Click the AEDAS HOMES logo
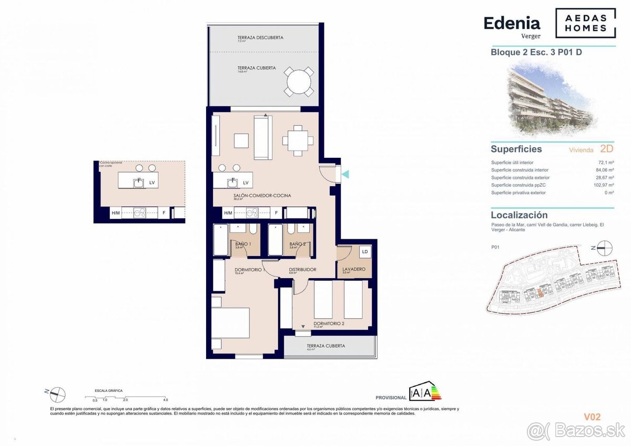click(x=585, y=23)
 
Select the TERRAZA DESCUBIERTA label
click(x=260, y=38)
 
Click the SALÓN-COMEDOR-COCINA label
click(x=262, y=196)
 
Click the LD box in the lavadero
click(x=365, y=252)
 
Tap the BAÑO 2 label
click(x=298, y=244)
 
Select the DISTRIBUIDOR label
click(x=302, y=269)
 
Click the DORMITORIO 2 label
click(x=329, y=323)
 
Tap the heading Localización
click(x=519, y=215)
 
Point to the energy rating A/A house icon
click(x=425, y=392)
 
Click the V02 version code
click(x=592, y=417)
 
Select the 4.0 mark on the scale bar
click(x=165, y=400)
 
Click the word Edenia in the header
click(x=512, y=23)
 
